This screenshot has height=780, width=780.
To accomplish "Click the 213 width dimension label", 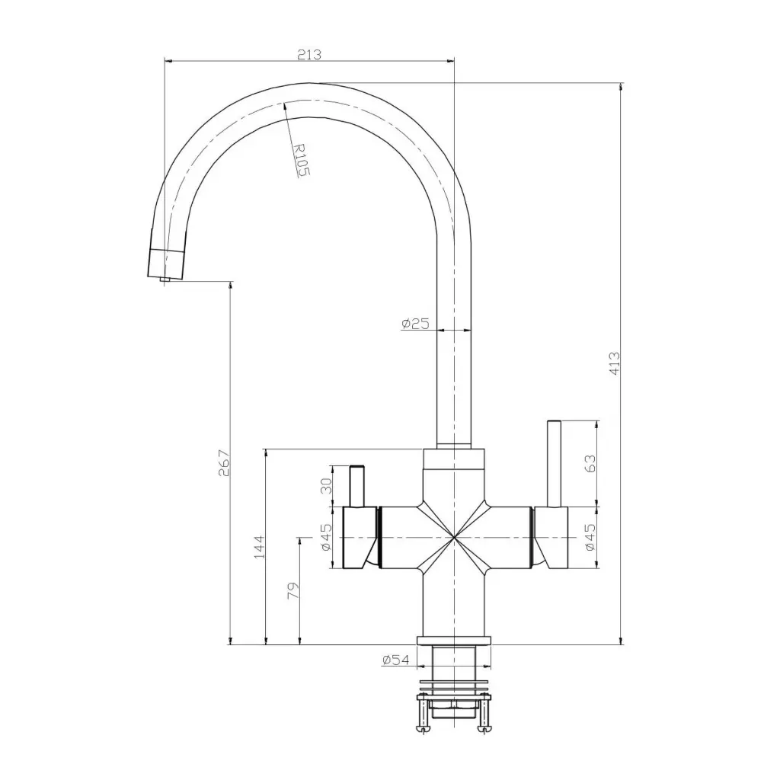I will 309,54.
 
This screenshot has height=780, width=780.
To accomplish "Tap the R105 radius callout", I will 301,161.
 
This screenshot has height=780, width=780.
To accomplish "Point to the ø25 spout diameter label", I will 415,324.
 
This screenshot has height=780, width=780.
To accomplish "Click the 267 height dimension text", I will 223,462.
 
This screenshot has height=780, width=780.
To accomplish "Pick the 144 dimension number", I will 258,546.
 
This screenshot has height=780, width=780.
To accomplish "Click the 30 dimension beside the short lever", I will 326,485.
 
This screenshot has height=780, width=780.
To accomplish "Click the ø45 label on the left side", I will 325,537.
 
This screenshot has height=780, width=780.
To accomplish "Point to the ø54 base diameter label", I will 395,659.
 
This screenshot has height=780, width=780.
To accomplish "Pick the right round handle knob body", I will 551,538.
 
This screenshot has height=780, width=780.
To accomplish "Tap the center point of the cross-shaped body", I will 453,538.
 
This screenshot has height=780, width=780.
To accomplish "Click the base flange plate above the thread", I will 454,639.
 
